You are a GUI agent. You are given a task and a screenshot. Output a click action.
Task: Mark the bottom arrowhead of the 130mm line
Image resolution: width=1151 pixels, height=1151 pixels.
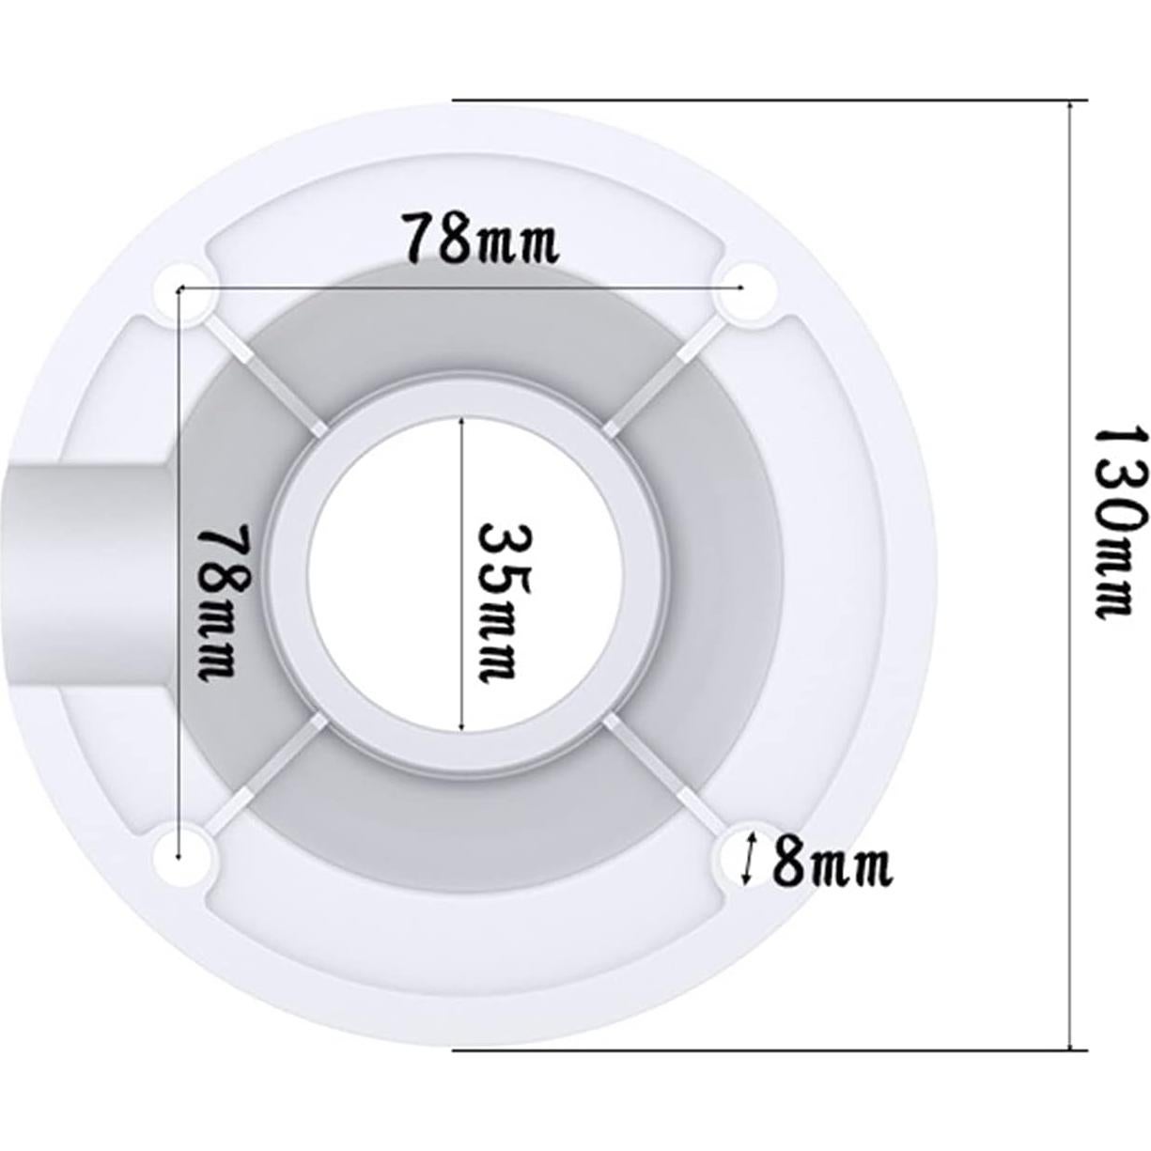tap(1070, 1043)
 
